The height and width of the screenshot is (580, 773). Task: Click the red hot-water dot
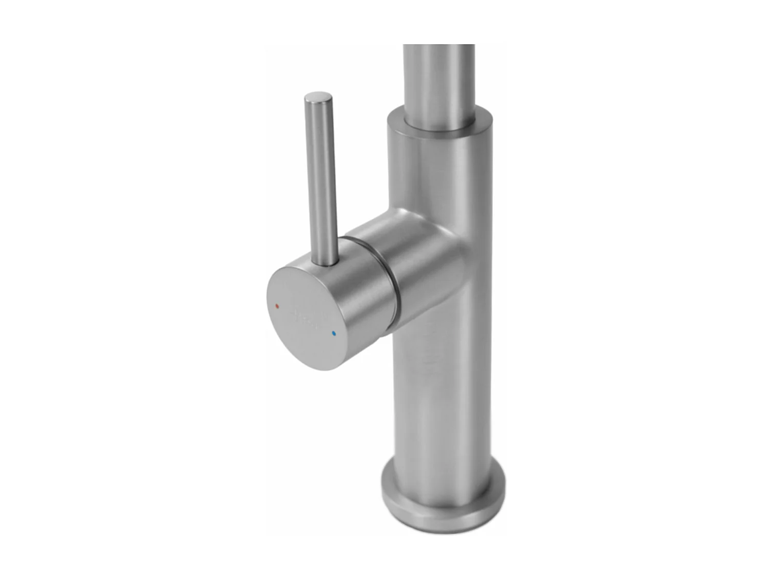277,306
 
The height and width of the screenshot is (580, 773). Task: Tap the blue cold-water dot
334,334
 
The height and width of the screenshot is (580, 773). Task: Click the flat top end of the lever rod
318,96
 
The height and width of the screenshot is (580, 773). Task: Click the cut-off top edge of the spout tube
439,46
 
